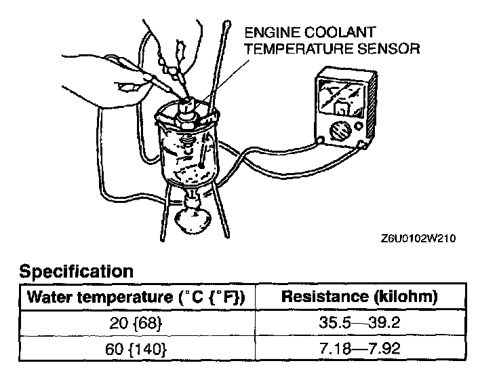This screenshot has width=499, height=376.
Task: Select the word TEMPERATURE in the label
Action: [x=295, y=48]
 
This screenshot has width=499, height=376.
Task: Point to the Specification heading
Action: [x=76, y=272]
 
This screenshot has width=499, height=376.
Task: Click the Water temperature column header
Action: [x=135, y=297]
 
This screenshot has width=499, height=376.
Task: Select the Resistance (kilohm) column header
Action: [x=359, y=297]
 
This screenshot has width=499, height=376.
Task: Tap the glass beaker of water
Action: [x=188, y=153]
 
